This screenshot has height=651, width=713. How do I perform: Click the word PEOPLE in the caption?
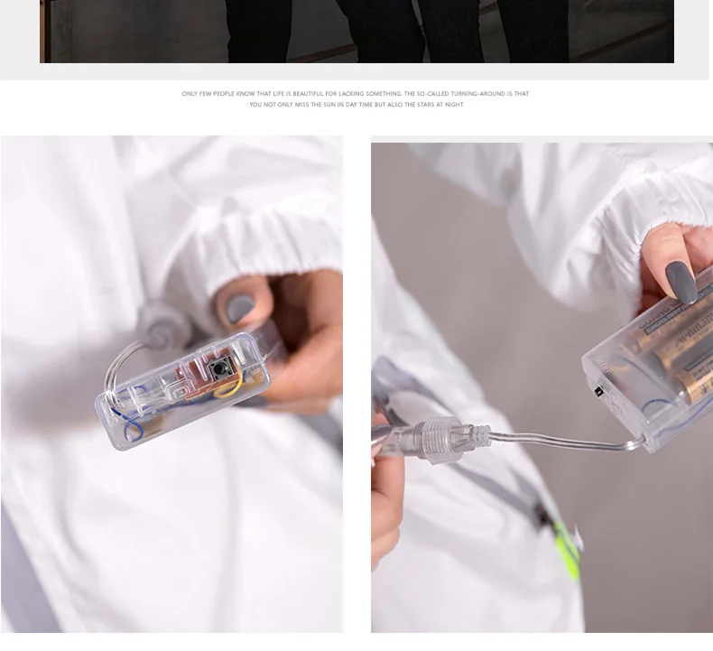coord(224,94)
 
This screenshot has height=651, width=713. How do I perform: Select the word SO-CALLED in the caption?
coord(432,94)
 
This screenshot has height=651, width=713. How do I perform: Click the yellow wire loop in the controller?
coord(229,386)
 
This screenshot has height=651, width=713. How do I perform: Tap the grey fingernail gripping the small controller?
coord(240,307)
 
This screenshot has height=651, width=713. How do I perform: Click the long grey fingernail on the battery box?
coord(681,282)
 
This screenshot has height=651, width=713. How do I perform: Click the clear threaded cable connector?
coord(437,441)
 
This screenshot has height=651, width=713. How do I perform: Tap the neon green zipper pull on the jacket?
coord(567,550)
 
